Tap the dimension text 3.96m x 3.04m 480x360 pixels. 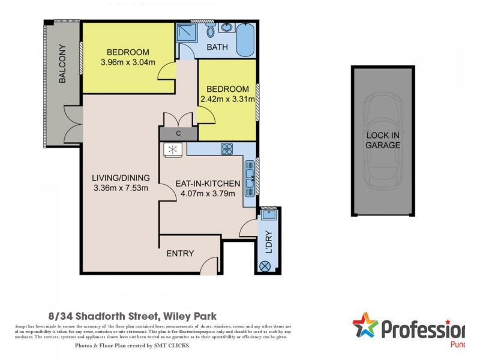pos(128,62)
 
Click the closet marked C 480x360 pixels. pos(178,133)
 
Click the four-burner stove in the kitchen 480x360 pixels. pos(227,149)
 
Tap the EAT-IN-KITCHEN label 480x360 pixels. pos(208,184)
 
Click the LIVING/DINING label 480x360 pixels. pos(121,178)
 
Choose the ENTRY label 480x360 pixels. pos(180,253)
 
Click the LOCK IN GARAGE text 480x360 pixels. pos(383,140)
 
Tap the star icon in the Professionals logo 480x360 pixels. pos(365,326)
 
